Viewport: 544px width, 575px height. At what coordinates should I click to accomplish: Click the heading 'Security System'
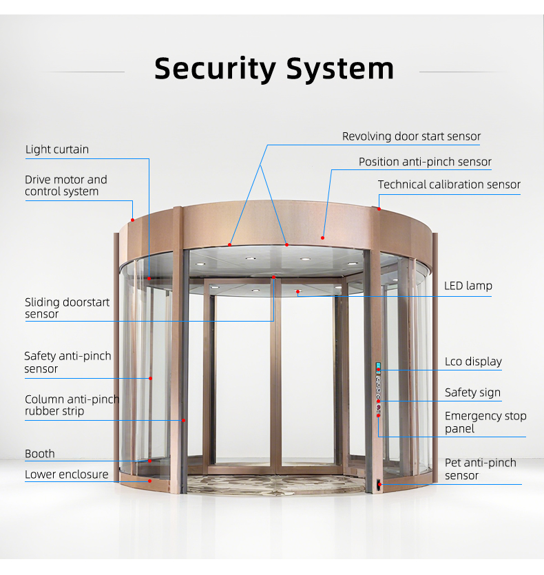click(274, 69)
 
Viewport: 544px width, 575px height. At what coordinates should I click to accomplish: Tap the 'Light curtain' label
click(57, 149)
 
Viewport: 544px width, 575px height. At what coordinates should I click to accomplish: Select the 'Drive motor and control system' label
click(66, 185)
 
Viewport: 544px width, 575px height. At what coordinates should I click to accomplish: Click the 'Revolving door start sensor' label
click(411, 136)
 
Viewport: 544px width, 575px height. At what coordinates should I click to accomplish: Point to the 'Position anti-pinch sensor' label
click(425, 162)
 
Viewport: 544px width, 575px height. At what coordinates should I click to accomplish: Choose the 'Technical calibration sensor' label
click(449, 185)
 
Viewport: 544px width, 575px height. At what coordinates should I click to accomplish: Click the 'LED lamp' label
click(468, 286)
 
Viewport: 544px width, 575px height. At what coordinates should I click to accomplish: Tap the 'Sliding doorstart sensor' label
click(67, 308)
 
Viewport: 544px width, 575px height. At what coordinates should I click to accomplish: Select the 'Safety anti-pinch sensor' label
click(67, 362)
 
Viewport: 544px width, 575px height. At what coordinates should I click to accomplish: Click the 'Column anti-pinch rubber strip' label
click(72, 405)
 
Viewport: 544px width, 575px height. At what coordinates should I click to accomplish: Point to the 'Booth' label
click(40, 454)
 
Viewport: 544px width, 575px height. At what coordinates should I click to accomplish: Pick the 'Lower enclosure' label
click(66, 474)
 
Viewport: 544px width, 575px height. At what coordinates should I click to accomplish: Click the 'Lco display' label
click(473, 362)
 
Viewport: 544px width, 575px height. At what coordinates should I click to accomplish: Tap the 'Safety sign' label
click(472, 393)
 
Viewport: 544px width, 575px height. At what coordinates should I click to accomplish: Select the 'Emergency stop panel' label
click(485, 422)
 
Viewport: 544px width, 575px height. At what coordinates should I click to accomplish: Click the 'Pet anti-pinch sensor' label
click(480, 469)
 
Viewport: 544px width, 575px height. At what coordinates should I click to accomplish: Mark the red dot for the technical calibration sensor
click(379, 209)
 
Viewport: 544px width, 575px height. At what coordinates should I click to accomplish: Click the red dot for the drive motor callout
click(132, 220)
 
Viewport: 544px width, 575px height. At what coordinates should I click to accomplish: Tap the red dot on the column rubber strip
click(183, 420)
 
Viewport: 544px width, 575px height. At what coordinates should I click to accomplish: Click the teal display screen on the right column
click(378, 366)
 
